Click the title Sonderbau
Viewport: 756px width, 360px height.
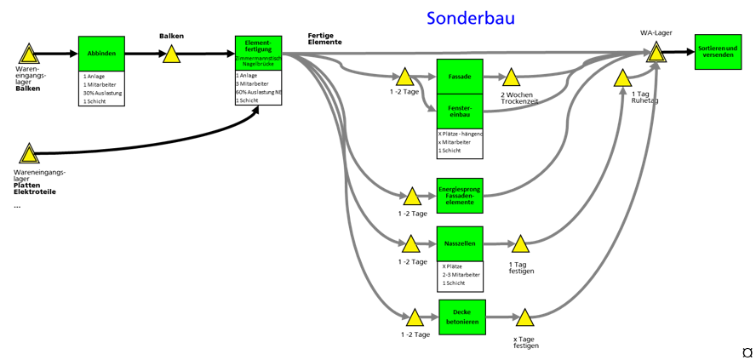(470, 18)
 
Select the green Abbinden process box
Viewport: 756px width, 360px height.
(101, 54)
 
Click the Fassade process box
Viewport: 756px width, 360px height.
(460, 77)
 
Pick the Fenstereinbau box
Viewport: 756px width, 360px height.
(460, 111)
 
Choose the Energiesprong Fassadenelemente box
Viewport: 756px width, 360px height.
(460, 196)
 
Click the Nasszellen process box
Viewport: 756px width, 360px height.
(460, 243)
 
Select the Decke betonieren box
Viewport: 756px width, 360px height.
(462, 317)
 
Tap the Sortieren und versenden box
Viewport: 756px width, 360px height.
(718, 52)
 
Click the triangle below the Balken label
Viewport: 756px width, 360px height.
(171, 54)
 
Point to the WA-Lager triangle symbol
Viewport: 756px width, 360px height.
(656, 53)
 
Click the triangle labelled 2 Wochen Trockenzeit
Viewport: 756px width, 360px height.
(511, 78)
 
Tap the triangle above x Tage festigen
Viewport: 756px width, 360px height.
(525, 318)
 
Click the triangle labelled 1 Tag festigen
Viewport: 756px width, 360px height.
(520, 245)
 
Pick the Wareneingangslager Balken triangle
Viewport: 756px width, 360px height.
(29, 55)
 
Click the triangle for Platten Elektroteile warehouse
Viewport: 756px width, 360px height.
(29, 154)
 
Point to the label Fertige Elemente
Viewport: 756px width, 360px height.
(325, 38)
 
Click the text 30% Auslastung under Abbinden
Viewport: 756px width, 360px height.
(102, 93)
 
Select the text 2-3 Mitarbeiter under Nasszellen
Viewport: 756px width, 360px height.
(461, 275)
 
